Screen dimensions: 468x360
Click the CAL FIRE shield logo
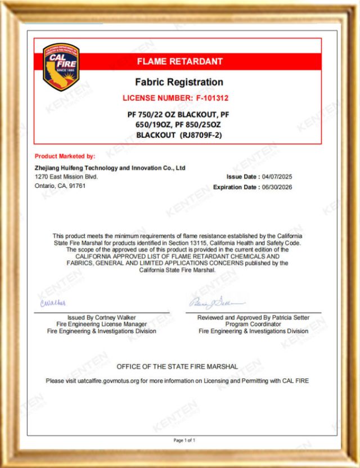coord(61,66)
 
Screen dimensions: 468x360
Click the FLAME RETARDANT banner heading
coord(180,61)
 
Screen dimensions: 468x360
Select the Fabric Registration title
coord(179,82)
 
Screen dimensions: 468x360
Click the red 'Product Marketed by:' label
coord(65,156)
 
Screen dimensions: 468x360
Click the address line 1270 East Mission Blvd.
coord(66,177)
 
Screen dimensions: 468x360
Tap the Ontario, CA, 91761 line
coord(60,186)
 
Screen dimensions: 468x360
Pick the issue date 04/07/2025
coord(276,177)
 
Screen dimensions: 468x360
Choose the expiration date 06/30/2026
coord(276,187)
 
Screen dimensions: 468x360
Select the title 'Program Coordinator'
coord(253,325)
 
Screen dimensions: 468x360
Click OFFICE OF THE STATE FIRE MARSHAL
coord(177,367)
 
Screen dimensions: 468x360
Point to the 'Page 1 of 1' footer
coord(184,440)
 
